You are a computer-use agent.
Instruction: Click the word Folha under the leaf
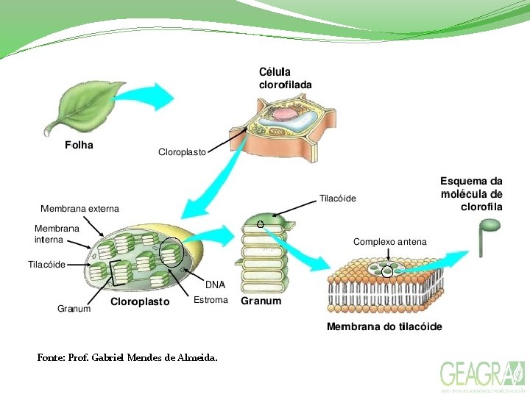pos(79,145)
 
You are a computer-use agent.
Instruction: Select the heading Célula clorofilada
pos(285,78)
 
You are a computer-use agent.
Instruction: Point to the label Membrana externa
pos(79,209)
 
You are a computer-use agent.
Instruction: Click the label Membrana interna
pos(57,234)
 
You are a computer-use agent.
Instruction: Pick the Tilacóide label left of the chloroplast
pos(46,264)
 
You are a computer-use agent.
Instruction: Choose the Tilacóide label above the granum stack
pos(337,198)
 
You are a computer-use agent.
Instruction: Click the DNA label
pos(215,285)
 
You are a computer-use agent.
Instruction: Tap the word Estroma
pos(211,300)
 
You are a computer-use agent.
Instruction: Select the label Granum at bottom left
pos(74,309)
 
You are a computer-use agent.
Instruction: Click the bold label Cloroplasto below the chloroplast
pos(140,301)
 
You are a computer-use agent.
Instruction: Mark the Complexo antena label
pos(389,242)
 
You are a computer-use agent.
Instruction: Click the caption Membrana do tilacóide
pos(384,326)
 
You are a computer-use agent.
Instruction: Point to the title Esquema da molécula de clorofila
pos(471,193)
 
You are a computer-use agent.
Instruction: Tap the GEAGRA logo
pos(482,376)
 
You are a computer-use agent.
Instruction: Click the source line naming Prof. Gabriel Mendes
pos(127,358)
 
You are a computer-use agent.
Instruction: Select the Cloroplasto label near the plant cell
pos(182,152)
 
